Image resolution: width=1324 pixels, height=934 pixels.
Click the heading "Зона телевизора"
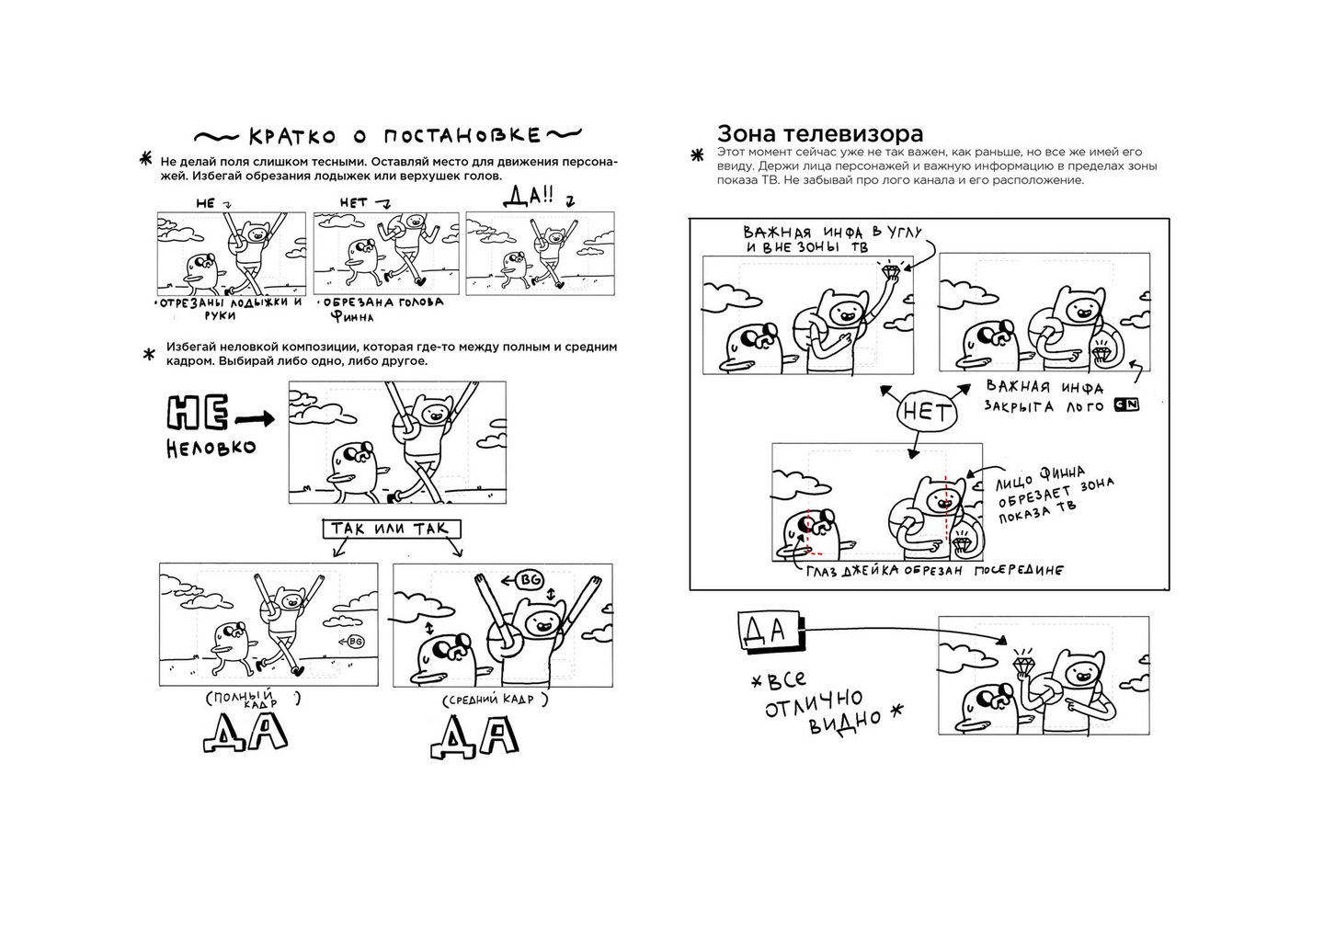(820, 133)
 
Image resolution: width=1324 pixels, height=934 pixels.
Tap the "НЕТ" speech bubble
(927, 412)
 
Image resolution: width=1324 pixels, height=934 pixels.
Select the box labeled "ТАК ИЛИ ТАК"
(392, 529)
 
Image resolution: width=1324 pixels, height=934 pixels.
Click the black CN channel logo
(1126, 404)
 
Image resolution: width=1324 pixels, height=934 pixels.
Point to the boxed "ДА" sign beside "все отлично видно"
(770, 631)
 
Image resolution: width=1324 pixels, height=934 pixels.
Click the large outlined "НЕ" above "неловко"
(198, 413)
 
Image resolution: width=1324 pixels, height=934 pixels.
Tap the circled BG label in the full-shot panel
(354, 642)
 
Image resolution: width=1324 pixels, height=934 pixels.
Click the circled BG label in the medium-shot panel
(529, 580)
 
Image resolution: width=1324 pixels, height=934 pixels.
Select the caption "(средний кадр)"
(496, 700)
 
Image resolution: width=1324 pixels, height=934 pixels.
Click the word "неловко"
(211, 448)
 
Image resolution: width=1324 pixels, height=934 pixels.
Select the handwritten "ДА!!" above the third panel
(528, 196)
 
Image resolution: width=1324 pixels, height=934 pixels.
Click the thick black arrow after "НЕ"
(255, 420)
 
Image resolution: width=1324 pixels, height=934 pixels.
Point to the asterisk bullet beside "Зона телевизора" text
(698, 155)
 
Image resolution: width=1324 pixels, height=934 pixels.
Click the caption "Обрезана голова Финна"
(382, 309)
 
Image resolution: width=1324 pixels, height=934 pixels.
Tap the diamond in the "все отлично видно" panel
(1022, 664)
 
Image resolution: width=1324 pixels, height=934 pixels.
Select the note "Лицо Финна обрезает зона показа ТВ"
(1056, 495)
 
